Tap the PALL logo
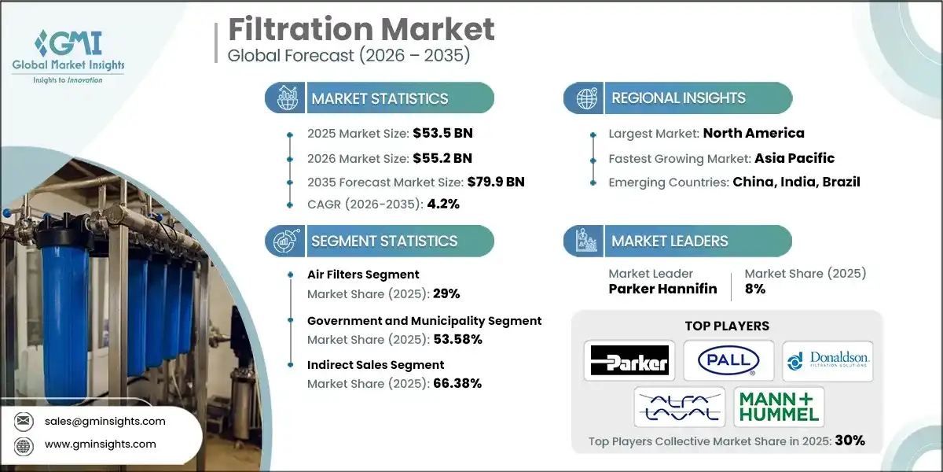(728, 360)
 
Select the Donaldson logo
(827, 360)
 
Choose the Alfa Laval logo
(680, 407)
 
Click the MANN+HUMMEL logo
(779, 407)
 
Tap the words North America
(754, 133)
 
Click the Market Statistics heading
(380, 98)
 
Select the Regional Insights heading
(678, 98)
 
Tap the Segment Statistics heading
(384, 242)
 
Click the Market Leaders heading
(670, 242)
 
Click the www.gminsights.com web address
(101, 444)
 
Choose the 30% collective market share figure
(849, 441)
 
